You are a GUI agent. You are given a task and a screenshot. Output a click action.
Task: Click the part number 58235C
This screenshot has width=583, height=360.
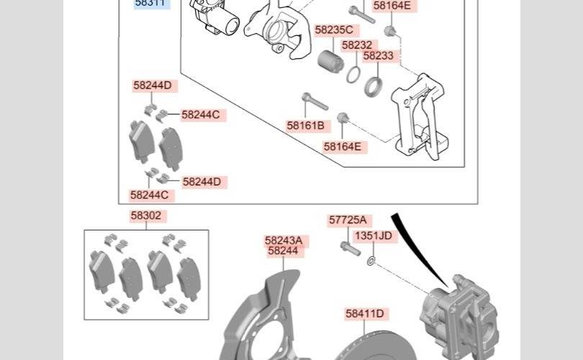pyautogui.click(x=334, y=30)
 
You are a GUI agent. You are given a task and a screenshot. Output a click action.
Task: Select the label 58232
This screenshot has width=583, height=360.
pyautogui.click(x=357, y=45)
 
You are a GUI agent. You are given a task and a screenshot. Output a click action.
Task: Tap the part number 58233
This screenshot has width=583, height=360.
pyautogui.click(x=378, y=55)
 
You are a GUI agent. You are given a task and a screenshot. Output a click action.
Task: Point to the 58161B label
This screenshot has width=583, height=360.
pyautogui.click(x=306, y=126)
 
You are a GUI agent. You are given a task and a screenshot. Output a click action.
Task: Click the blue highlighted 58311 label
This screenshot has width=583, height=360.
pyautogui.click(x=150, y=3)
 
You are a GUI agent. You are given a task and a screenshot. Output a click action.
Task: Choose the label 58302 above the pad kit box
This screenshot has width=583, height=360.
pyautogui.click(x=145, y=216)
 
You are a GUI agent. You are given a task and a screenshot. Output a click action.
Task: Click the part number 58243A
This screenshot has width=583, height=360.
pyautogui.click(x=284, y=240)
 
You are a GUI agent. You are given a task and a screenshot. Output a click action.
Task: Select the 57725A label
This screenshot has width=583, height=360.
pyautogui.click(x=348, y=220)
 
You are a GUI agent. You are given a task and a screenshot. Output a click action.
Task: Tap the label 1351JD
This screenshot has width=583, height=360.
pyautogui.click(x=374, y=235)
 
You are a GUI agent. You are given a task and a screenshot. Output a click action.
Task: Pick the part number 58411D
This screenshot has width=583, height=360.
pyautogui.click(x=365, y=313)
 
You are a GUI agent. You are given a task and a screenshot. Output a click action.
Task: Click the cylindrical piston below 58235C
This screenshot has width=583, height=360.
pyautogui.click(x=330, y=60)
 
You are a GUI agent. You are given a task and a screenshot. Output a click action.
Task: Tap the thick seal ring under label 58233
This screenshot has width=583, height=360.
pyautogui.click(x=373, y=87)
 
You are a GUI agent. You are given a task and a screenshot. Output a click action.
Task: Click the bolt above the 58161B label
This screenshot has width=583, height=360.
pyautogui.click(x=315, y=102)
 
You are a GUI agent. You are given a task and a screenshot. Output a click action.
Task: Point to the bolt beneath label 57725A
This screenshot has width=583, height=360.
pyautogui.click(x=351, y=248)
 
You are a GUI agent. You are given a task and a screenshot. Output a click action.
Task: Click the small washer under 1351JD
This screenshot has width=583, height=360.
pyautogui.click(x=371, y=261)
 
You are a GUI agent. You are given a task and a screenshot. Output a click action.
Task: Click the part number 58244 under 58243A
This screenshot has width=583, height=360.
pyautogui.click(x=283, y=251)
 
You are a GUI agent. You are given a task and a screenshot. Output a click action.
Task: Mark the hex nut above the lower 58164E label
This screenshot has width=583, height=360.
pyautogui.click(x=343, y=118)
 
